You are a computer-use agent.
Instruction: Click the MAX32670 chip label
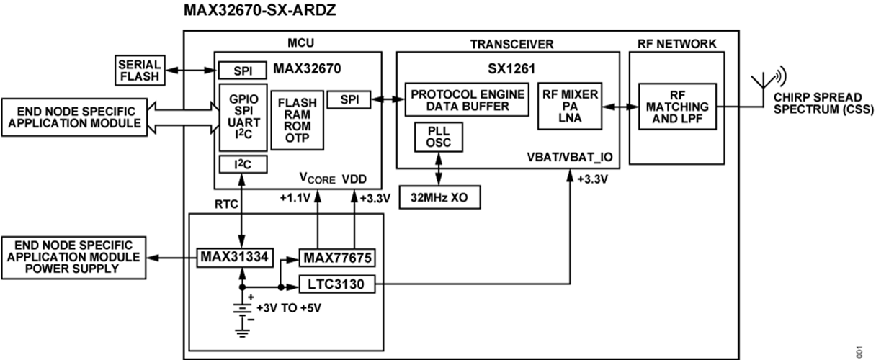(307, 70)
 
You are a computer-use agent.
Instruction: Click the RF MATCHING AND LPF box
(678, 106)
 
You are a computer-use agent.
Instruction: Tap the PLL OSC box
(439, 137)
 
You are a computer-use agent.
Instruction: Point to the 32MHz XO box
(439, 197)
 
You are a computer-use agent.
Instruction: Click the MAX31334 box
(236, 256)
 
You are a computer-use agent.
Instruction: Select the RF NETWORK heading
(676, 44)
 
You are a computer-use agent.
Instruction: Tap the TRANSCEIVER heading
(511, 44)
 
